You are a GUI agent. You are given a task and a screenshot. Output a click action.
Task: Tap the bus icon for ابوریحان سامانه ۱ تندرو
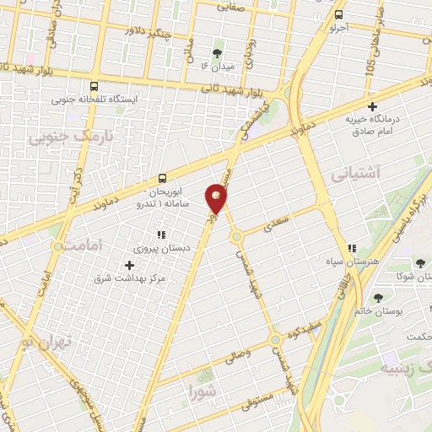164,178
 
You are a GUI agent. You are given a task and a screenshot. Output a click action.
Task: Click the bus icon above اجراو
339,14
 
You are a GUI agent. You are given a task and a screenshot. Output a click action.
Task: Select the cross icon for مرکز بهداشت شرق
129,265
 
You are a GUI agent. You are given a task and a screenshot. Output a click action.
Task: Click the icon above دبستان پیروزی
160,235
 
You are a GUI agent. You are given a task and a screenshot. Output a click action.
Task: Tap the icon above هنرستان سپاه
352,248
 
